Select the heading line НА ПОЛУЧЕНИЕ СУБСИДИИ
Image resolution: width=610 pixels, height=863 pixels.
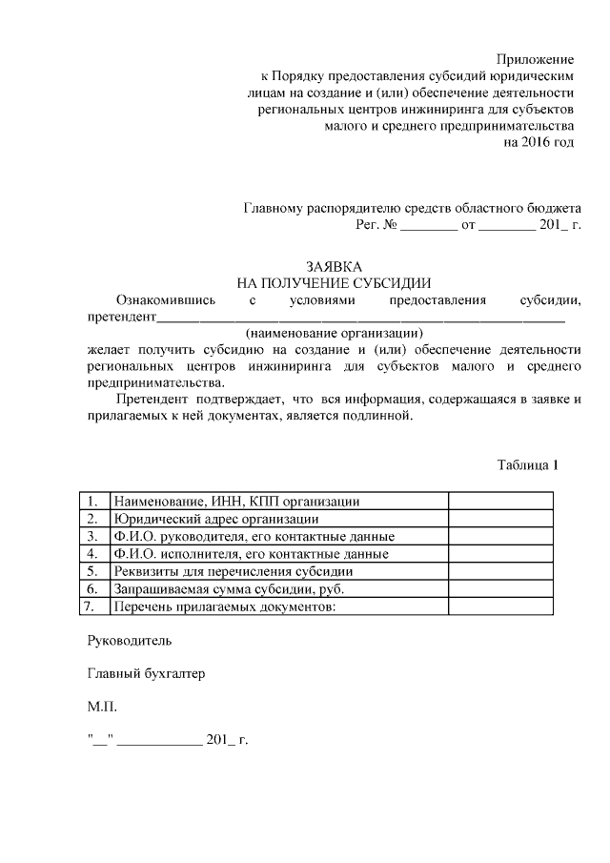click(x=334, y=283)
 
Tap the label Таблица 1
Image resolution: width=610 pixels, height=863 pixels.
click(x=526, y=465)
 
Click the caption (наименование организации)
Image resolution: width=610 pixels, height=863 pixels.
click(x=334, y=333)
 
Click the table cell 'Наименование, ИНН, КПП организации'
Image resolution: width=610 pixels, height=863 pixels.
click(x=236, y=502)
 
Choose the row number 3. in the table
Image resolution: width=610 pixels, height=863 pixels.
click(x=92, y=536)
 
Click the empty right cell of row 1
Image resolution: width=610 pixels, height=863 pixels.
click(x=500, y=502)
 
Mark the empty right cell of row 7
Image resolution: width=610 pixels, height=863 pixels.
click(x=500, y=606)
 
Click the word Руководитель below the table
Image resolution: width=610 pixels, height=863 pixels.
click(x=130, y=640)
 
